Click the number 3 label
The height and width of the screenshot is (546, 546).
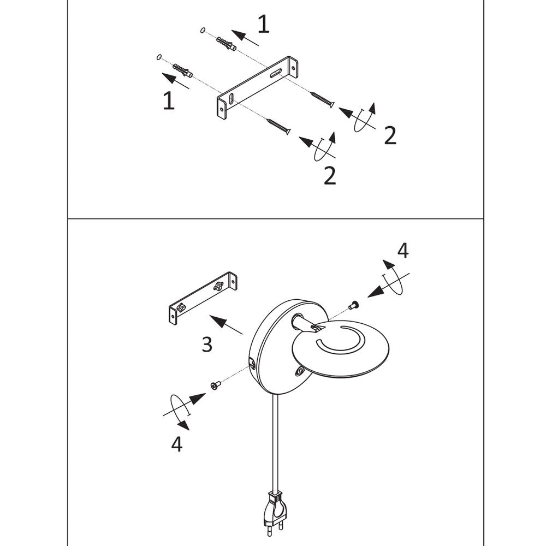click(207, 344)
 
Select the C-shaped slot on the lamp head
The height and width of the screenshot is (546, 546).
click(340, 339)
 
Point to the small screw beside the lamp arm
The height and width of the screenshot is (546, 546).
click(354, 305)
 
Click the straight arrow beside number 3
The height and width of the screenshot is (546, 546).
click(226, 324)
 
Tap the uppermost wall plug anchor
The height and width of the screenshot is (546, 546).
click(226, 43)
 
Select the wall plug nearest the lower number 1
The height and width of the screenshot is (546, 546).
click(182, 70)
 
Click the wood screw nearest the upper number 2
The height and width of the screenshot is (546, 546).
click(323, 99)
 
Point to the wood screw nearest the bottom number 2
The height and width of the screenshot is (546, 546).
click(278, 127)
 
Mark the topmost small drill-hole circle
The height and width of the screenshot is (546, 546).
click(203, 30)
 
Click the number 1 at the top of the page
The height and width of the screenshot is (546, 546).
click(263, 25)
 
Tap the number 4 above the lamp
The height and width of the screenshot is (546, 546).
click(403, 251)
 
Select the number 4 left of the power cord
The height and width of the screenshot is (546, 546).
click(176, 444)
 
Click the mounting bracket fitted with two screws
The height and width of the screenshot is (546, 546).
click(203, 298)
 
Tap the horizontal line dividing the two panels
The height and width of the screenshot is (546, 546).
click(275, 219)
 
